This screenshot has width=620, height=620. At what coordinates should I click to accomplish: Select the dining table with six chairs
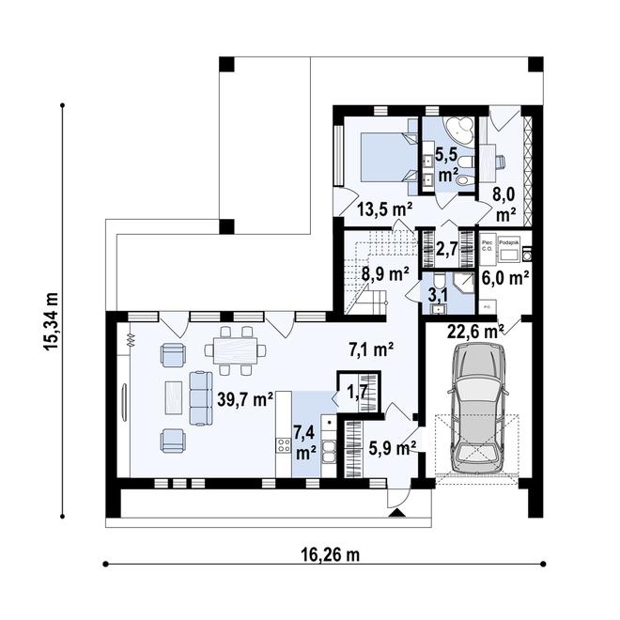pos(237,349)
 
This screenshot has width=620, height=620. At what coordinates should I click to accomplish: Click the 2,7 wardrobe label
pos(447,248)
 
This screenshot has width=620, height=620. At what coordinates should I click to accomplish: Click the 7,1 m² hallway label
pos(370,349)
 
